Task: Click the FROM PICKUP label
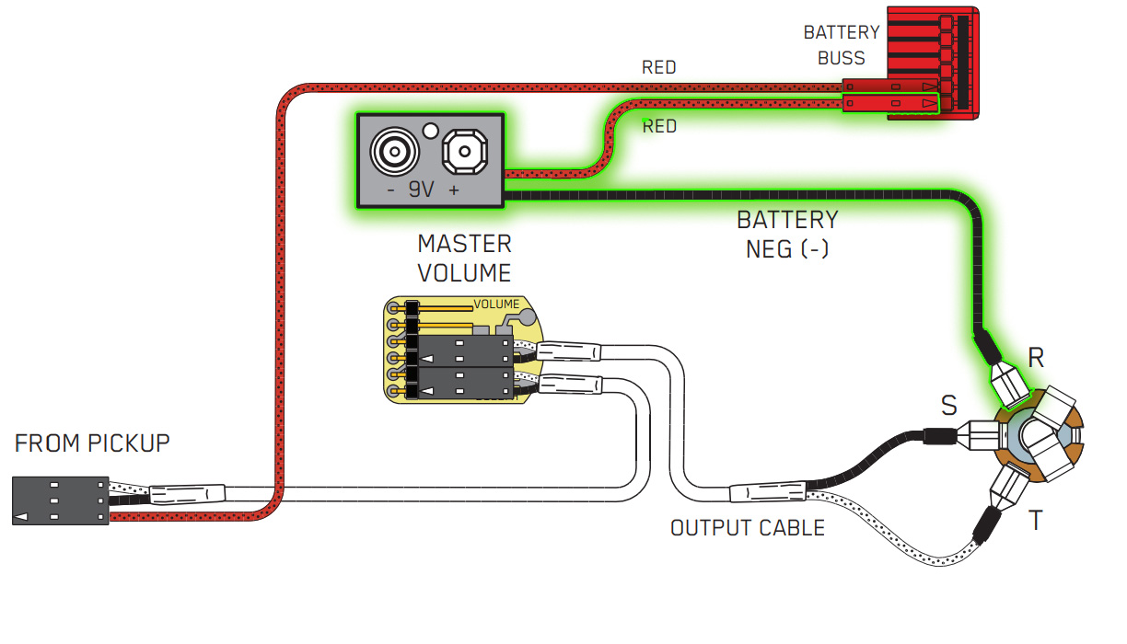(x=92, y=443)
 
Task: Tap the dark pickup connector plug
(x=60, y=501)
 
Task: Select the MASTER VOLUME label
(x=464, y=259)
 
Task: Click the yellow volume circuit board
(x=460, y=350)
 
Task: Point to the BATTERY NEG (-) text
(x=787, y=234)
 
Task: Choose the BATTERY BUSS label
(x=842, y=45)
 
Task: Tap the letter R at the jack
(x=1036, y=358)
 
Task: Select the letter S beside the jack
(x=948, y=406)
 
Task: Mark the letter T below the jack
(x=1036, y=521)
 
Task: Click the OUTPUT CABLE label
(x=747, y=528)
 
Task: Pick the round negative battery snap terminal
(x=392, y=151)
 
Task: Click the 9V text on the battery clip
(x=422, y=190)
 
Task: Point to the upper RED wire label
(x=658, y=67)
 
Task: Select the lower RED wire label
(x=659, y=126)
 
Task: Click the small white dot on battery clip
(x=429, y=130)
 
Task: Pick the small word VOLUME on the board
(x=496, y=305)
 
